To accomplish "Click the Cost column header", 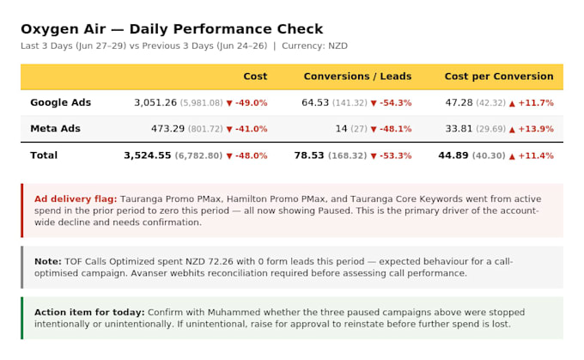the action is point(255,76).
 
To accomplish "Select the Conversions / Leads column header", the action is point(357,76).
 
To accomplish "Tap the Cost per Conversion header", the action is point(499,76).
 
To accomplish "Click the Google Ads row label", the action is point(60,102).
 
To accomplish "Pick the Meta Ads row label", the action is point(55,129).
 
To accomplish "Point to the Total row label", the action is point(44,155).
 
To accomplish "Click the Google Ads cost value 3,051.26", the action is point(155,102).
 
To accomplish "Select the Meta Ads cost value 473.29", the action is point(167,129).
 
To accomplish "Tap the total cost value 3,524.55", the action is point(148,156).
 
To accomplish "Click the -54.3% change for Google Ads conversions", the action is point(396,103).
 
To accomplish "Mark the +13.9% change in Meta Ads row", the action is point(536,129).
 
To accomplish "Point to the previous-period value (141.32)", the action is point(350,103).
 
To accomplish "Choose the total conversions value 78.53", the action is point(309,156).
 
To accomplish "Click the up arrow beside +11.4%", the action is point(512,156).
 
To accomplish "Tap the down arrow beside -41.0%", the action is point(229,130).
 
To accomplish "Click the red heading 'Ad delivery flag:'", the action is point(76,199).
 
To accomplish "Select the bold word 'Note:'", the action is point(48,261).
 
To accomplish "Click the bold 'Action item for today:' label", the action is point(89,312).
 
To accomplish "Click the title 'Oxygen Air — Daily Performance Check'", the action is point(172,29).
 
